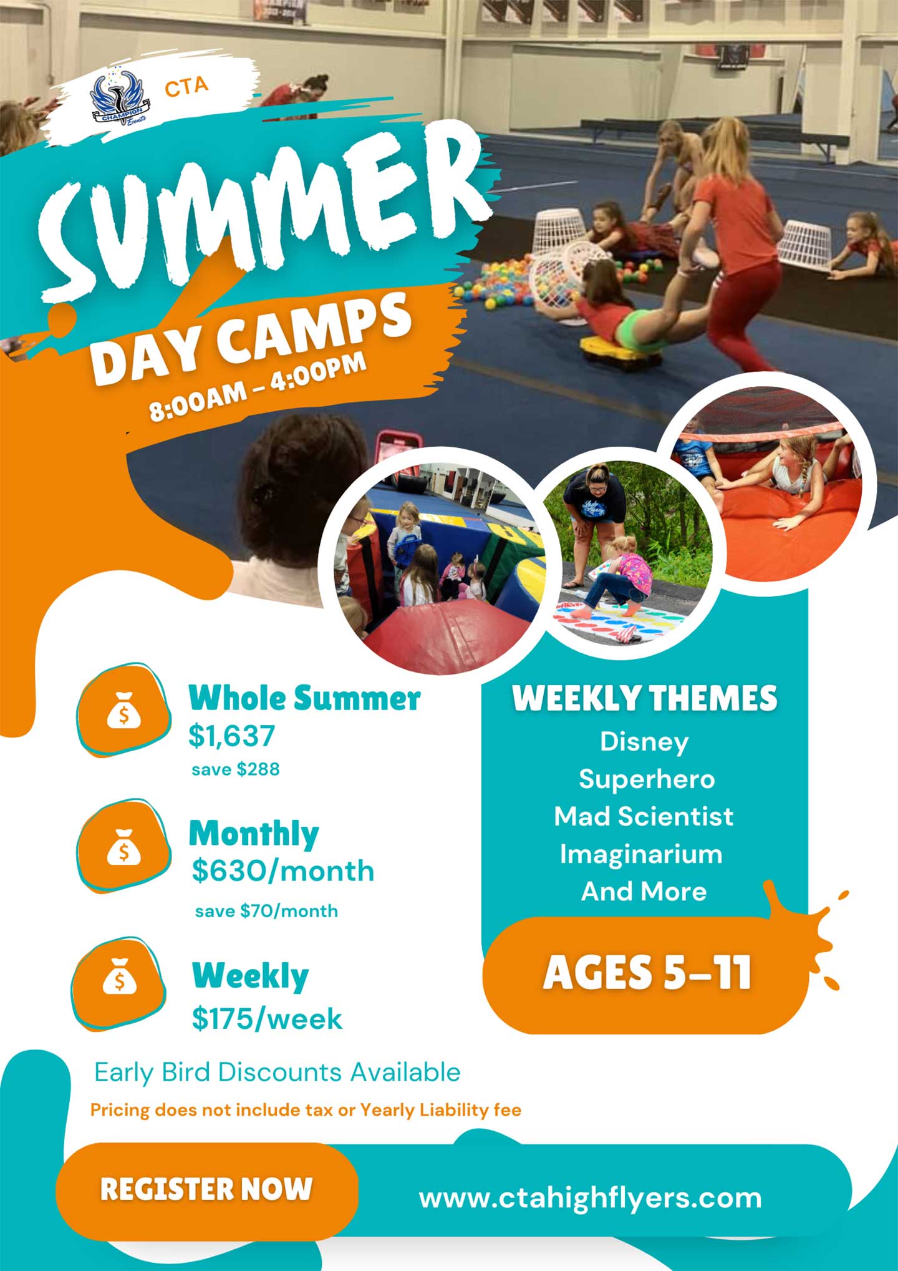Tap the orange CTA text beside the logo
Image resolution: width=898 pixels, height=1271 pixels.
click(186, 87)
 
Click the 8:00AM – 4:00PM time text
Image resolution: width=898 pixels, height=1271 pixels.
click(258, 387)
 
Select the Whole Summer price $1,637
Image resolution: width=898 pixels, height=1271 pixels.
click(231, 736)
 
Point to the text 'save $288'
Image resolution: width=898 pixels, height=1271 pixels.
click(236, 769)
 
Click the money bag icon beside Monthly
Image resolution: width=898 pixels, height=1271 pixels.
click(123, 847)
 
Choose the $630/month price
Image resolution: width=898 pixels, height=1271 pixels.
click(282, 871)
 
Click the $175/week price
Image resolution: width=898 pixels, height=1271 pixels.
click(267, 1019)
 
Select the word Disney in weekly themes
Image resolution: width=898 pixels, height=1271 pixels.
click(644, 743)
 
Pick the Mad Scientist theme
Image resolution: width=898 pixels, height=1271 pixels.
click(644, 816)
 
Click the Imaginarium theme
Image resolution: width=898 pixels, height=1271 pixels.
click(641, 854)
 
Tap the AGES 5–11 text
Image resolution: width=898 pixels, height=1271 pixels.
click(647, 973)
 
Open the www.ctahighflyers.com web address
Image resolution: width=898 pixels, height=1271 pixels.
click(591, 1199)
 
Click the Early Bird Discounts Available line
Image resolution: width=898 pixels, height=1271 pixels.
click(278, 1072)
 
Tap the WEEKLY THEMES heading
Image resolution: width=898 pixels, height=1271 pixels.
click(645, 698)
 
